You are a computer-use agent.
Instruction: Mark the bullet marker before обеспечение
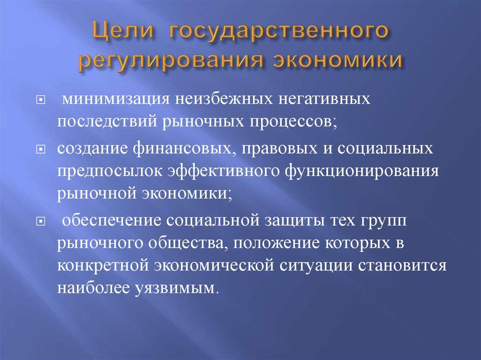(x=40, y=221)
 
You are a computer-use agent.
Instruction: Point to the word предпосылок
(x=109, y=170)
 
